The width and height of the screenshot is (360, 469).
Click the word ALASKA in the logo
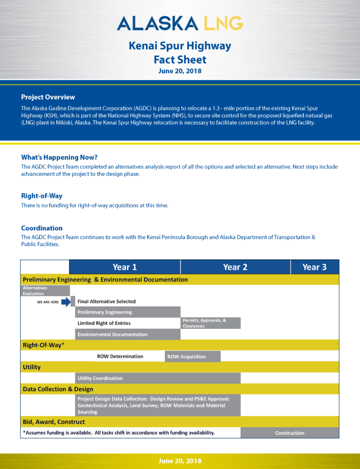click(x=157, y=22)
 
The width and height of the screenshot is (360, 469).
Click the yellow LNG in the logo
click(x=223, y=22)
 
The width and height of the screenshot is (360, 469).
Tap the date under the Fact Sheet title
click(x=180, y=71)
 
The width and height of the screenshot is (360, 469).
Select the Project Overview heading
click(x=48, y=97)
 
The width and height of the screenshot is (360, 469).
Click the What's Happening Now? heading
click(x=59, y=157)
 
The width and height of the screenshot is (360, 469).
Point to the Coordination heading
click(x=42, y=228)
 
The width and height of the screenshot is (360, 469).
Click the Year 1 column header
click(x=125, y=267)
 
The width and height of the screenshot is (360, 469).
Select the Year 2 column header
click(x=235, y=267)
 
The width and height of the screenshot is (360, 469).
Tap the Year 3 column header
click(x=315, y=267)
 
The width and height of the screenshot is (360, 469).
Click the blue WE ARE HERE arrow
click(x=66, y=302)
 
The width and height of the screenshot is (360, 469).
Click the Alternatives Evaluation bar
click(x=45, y=290)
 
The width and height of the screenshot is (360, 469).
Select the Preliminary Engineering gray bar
click(x=127, y=312)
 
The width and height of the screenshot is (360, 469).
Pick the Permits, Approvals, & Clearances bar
click(x=211, y=323)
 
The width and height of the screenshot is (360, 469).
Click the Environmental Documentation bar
click(x=127, y=334)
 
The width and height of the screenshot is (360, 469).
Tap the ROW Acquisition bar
click(x=192, y=356)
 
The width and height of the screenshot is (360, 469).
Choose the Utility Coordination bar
click(x=158, y=378)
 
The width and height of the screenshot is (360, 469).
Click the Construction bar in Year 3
click(x=289, y=433)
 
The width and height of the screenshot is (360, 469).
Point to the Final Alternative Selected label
click(x=107, y=301)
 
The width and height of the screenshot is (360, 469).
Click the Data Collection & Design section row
click(x=180, y=389)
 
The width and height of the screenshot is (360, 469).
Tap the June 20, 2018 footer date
click(x=180, y=461)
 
